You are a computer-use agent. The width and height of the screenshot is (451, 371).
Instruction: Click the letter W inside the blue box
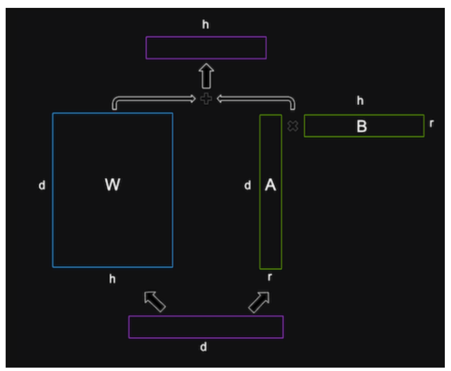(x=112, y=185)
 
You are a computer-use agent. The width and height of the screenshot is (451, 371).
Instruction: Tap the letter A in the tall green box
(x=270, y=185)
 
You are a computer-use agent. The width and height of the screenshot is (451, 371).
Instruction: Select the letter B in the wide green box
(x=362, y=126)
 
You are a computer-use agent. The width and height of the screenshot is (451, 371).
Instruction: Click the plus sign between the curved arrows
(x=206, y=99)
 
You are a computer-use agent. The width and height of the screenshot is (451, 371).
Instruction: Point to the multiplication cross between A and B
(x=292, y=126)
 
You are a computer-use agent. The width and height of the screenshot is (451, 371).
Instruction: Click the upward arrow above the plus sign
(x=206, y=74)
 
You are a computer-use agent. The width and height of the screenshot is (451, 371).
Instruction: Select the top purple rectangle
(x=206, y=48)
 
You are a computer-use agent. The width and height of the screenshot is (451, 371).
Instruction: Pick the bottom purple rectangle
(x=206, y=327)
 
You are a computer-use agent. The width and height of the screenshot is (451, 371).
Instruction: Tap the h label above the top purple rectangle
(x=206, y=25)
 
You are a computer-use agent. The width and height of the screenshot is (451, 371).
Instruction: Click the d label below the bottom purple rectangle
(x=204, y=347)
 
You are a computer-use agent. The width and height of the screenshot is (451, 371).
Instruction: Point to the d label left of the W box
(x=42, y=185)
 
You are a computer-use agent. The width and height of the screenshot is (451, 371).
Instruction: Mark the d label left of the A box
(x=248, y=185)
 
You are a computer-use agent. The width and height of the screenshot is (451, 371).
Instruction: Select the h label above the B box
(x=360, y=101)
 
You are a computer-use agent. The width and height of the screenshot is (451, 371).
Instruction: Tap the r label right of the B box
(x=431, y=123)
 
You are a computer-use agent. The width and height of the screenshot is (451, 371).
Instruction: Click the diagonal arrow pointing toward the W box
(x=155, y=301)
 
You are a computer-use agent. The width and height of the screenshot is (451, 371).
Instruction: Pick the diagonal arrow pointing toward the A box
(x=259, y=301)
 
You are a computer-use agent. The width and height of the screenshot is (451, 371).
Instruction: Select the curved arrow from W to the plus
(x=152, y=100)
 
